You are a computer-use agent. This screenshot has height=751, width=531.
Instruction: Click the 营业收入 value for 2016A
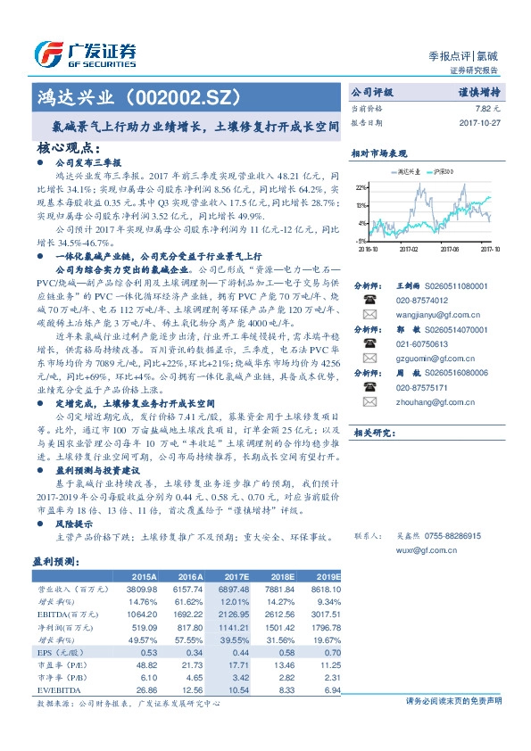(x=185, y=590)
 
